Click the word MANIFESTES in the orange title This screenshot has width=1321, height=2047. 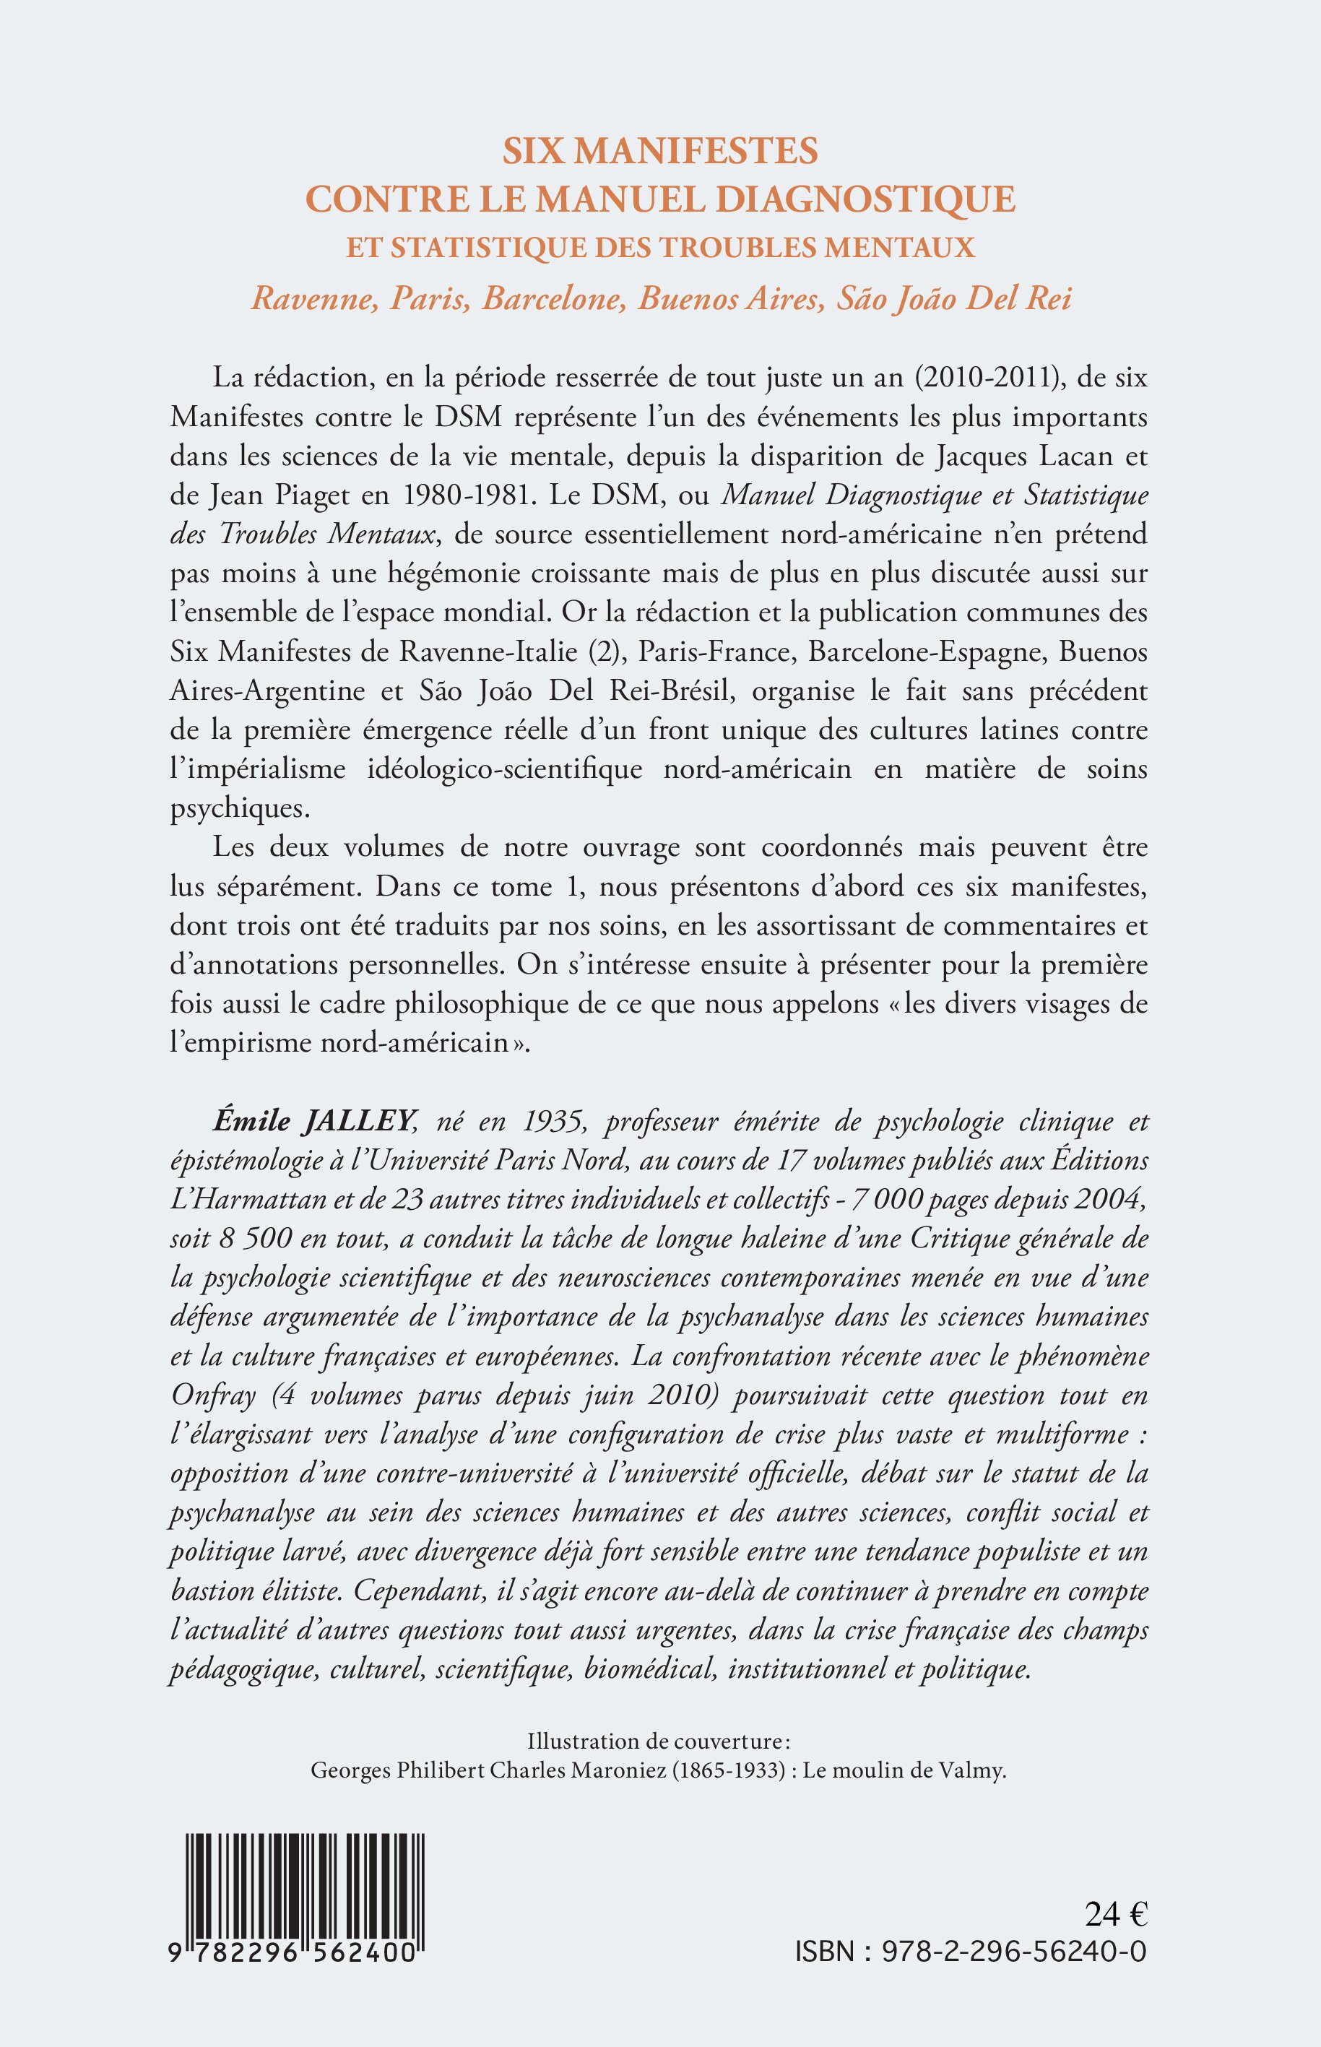click(x=695, y=151)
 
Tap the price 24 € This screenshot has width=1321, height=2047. click(x=1115, y=1933)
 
